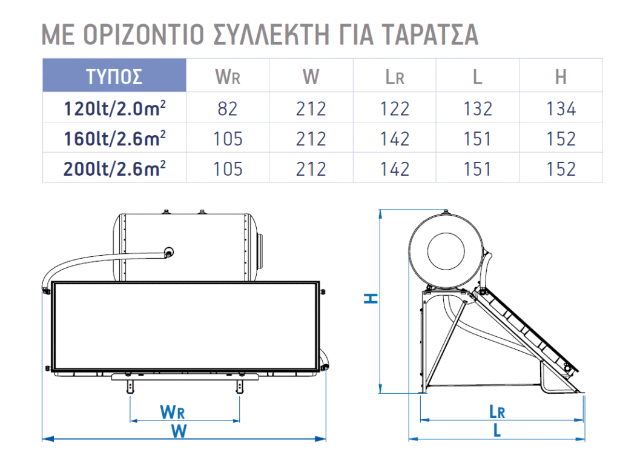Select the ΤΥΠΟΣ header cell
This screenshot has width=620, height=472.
114,76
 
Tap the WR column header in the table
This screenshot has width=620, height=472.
228,76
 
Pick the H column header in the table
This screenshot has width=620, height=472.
561,76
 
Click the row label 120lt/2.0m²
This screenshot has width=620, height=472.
114,108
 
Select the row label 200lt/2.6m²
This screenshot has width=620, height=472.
114,168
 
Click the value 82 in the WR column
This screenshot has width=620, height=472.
228,109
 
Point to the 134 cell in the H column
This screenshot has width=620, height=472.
561,109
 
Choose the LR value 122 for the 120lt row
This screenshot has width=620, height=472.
394,109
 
